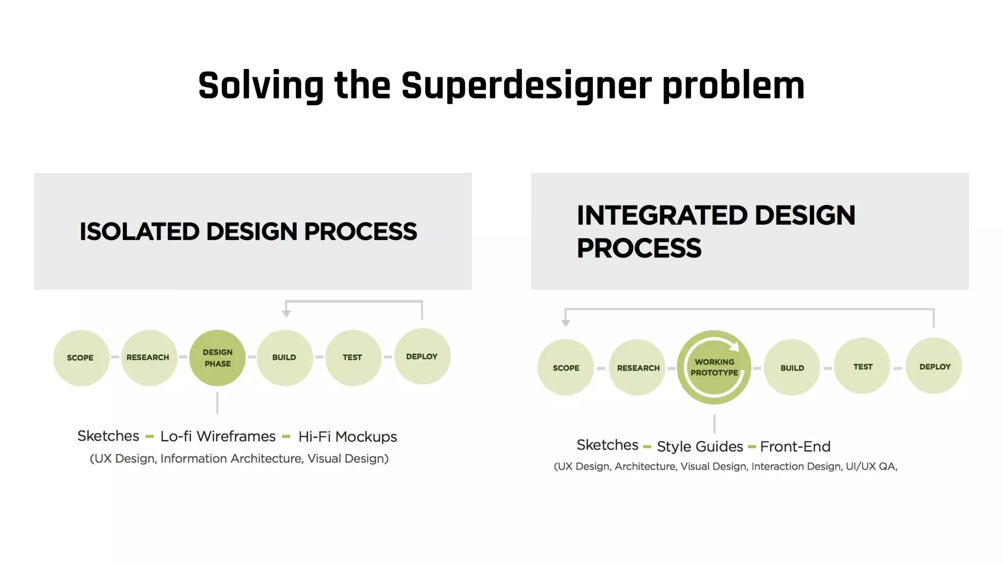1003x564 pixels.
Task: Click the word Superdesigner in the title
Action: click(526, 86)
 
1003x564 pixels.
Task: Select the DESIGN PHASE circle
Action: click(217, 358)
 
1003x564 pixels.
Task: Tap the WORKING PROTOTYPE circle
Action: click(714, 367)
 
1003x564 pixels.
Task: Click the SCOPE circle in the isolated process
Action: click(81, 358)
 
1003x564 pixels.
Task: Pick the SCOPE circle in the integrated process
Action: click(566, 368)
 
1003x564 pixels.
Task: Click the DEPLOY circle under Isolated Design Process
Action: click(422, 356)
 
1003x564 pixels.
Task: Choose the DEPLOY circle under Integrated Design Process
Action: click(934, 366)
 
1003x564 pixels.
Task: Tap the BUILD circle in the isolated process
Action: click(285, 358)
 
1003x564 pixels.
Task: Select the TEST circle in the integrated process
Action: click(862, 366)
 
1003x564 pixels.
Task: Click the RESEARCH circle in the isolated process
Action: click(148, 358)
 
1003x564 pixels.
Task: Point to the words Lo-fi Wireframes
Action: click(218, 436)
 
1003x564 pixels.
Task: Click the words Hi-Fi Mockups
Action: click(347, 437)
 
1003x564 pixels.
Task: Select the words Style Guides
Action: click(700, 446)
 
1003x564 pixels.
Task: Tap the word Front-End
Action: click(795, 446)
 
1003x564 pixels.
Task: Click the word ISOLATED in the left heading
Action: click(139, 232)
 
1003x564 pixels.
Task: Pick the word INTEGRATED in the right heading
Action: click(662, 215)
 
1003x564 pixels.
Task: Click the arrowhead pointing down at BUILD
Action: click(287, 314)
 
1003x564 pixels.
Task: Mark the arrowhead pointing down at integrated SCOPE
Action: click(566, 323)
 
